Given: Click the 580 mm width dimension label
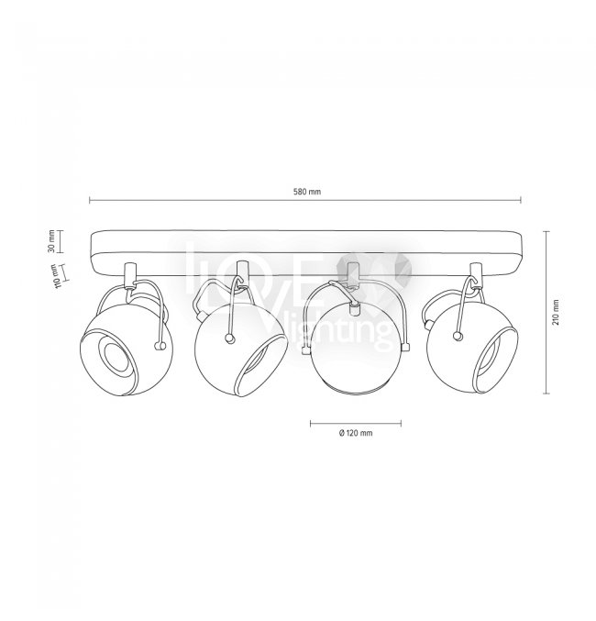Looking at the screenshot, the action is point(307,192).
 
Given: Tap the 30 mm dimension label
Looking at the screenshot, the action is point(51,241).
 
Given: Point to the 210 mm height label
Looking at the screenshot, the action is point(556,312).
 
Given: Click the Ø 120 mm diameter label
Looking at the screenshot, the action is point(356,433).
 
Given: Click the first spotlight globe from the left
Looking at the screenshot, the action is point(127,349).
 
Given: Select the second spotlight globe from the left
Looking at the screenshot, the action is point(241,350).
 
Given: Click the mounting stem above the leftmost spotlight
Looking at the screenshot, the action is point(130,274).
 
